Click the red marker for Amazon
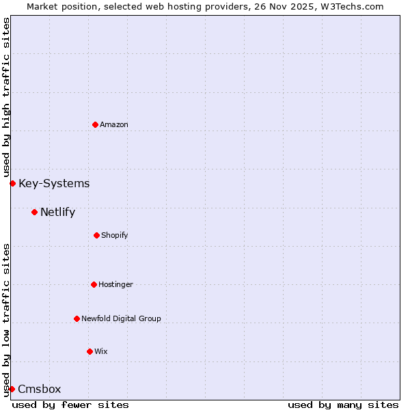click(x=95, y=124)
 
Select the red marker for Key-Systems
click(x=12, y=183)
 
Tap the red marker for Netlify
click(x=34, y=212)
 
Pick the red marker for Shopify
click(x=96, y=235)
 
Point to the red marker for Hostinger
click(x=94, y=284)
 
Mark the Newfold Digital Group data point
click(x=77, y=318)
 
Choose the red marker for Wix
click(x=90, y=351)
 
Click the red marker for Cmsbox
click(x=12, y=389)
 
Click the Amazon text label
click(x=114, y=124)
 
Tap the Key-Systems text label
click(x=54, y=183)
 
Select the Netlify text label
click(x=57, y=212)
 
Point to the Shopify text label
click(x=115, y=235)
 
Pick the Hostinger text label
click(x=116, y=284)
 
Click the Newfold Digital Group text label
click(x=122, y=318)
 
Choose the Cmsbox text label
click(x=40, y=389)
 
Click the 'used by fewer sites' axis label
click(x=70, y=405)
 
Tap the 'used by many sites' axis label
click(x=343, y=405)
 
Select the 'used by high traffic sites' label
click(x=6, y=98)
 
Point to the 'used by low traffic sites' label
click(x=6, y=320)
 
